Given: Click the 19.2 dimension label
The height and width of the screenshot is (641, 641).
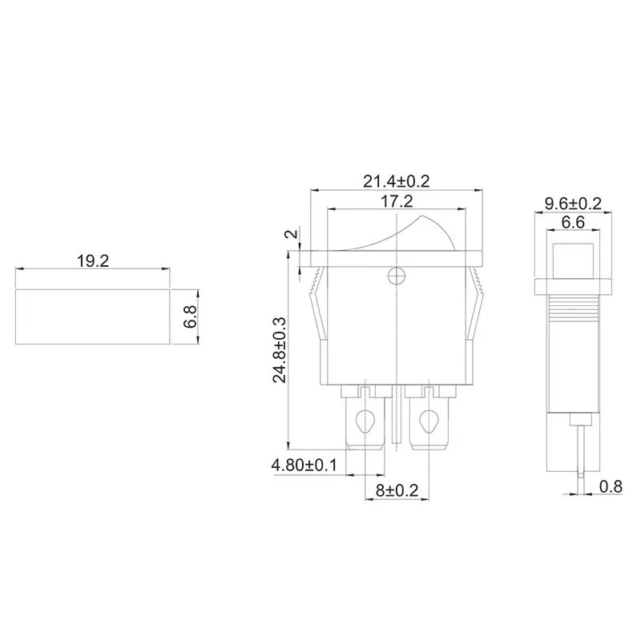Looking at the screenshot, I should pyautogui.click(x=92, y=261).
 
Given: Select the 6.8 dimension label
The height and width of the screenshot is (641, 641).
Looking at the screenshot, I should pyautogui.click(x=189, y=316).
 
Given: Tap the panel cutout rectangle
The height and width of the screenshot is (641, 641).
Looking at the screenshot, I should pyautogui.click(x=92, y=316).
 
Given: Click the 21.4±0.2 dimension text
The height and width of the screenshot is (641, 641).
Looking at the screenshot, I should pyautogui.click(x=397, y=181).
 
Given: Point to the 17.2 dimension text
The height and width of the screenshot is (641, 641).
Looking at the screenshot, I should pyautogui.click(x=397, y=201).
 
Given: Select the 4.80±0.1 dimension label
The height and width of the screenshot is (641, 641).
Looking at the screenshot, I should pyautogui.click(x=305, y=465).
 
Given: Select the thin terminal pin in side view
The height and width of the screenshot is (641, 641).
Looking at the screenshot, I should pyautogui.click(x=579, y=449).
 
